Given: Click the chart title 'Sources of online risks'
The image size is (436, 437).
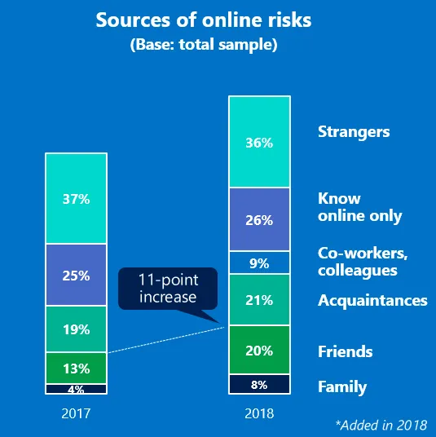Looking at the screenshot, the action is (x=204, y=20).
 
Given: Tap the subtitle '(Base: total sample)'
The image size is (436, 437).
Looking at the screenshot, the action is (x=204, y=45).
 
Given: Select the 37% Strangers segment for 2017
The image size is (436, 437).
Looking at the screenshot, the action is (x=76, y=198).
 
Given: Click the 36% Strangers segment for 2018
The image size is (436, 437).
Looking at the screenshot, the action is (x=259, y=142).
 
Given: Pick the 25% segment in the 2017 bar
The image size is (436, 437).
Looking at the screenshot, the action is (x=76, y=276).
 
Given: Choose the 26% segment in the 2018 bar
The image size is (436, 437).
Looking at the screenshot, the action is (x=259, y=220).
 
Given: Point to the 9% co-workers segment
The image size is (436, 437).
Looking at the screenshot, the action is (x=259, y=263).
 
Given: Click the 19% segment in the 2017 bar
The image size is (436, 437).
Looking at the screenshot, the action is (x=76, y=329).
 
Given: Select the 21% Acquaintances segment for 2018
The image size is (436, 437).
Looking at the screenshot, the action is (x=259, y=300).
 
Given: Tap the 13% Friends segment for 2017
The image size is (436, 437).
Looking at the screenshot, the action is (x=76, y=369).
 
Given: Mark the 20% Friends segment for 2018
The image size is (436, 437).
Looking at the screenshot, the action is (x=259, y=350).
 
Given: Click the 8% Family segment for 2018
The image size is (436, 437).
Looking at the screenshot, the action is (x=259, y=384).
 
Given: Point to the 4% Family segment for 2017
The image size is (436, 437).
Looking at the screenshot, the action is (x=76, y=389).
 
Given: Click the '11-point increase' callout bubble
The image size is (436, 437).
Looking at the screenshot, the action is (x=168, y=289).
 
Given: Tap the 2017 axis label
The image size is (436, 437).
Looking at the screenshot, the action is (x=76, y=413).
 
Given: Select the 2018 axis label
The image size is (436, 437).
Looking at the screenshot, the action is (x=259, y=413).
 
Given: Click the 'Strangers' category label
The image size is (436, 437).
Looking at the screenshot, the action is (x=354, y=132).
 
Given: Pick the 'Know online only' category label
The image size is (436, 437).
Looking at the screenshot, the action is (x=360, y=207).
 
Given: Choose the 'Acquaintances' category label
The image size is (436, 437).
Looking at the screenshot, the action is (x=372, y=300).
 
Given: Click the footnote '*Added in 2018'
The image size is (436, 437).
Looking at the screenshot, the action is (x=381, y=426).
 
